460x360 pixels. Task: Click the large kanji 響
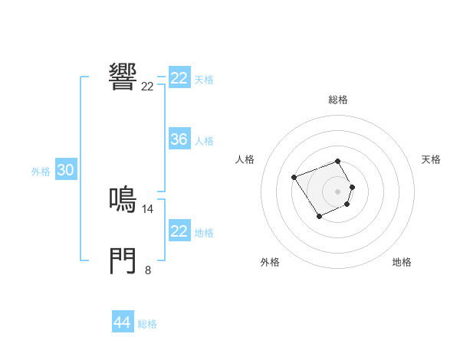point(123,76)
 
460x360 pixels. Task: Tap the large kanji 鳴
point(123,199)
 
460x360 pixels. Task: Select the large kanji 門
point(123,260)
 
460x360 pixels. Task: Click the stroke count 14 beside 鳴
point(148,208)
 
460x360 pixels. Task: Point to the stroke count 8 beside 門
point(148,270)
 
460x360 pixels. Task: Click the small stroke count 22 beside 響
point(148,87)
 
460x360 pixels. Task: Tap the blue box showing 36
point(179,139)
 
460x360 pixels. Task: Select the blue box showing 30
point(65,171)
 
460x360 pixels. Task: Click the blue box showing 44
point(122,322)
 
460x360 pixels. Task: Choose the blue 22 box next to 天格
point(179,78)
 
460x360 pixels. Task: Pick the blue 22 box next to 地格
point(179,231)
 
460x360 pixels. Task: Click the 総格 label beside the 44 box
point(147,324)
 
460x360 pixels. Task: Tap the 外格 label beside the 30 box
point(41,172)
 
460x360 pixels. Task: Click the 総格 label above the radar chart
point(338,100)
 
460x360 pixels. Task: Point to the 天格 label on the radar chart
point(431,159)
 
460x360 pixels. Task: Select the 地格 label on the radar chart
point(402,262)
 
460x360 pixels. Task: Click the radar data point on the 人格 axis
point(294,178)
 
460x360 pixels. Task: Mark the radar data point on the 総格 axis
point(338,161)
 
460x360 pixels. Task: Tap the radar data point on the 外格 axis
point(319,218)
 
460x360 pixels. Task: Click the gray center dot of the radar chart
point(338,191)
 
